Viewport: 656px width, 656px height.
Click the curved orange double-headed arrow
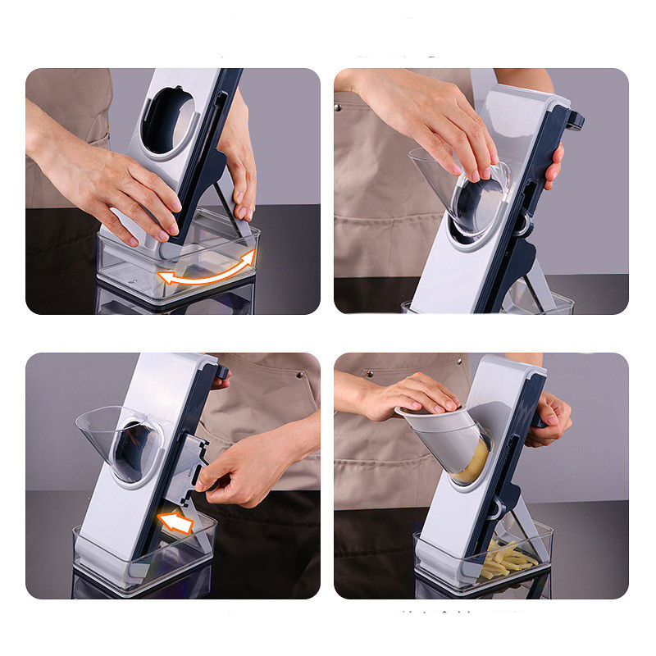click(x=207, y=271)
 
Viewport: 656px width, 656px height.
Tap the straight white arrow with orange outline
click(x=175, y=521)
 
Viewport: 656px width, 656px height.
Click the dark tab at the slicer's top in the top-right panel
click(x=575, y=120)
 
